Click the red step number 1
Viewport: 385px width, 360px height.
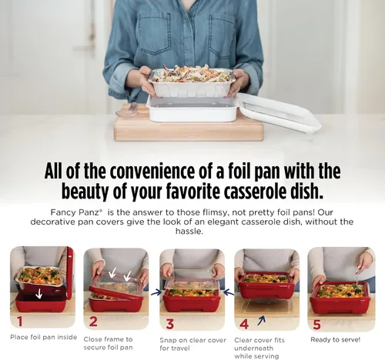pos(20,322)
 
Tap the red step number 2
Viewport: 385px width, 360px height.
pos(93,322)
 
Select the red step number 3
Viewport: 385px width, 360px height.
pos(170,324)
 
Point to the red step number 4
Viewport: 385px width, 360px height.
pos(244,324)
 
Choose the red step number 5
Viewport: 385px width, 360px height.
pos(317,325)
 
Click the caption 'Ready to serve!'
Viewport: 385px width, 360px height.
pos(335,340)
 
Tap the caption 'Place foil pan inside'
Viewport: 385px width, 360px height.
pos(44,337)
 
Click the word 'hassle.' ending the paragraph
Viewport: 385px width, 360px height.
pos(189,232)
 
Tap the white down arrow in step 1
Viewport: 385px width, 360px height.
pos(38,293)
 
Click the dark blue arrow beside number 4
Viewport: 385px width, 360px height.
pos(261,321)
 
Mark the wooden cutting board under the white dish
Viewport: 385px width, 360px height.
pos(189,128)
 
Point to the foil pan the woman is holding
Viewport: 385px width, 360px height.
pos(192,82)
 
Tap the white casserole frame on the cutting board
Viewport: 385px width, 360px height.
pos(192,109)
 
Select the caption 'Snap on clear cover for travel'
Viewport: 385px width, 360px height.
pos(192,344)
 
